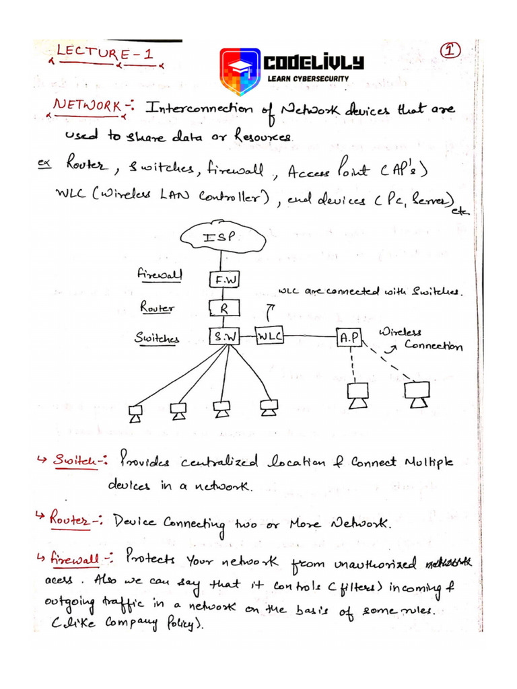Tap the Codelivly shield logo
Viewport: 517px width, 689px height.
click(240, 72)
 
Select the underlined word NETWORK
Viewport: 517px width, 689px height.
click(88, 106)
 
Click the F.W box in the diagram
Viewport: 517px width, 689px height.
click(223, 279)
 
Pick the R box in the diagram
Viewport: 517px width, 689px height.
click(223, 309)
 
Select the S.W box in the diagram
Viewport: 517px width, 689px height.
click(224, 336)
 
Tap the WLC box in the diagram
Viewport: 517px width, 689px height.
click(270, 335)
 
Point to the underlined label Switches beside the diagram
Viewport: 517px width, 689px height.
click(156, 340)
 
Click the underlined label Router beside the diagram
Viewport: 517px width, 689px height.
click(158, 307)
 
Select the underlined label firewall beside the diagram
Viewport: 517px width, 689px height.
click(157, 275)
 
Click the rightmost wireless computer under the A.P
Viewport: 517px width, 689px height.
click(417, 394)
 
